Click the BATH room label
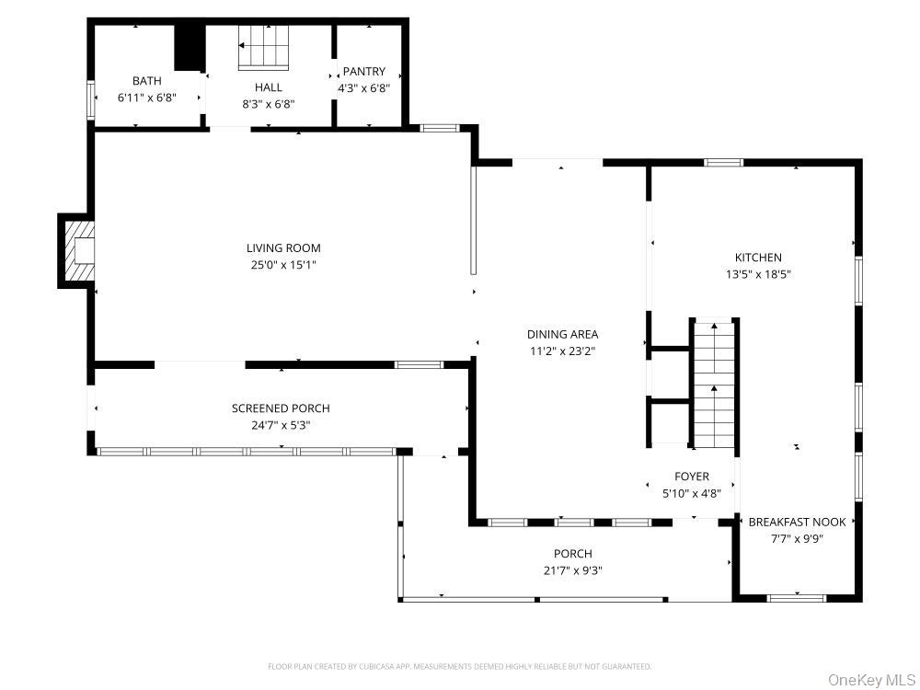[x=146, y=81]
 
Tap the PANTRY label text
[x=363, y=72]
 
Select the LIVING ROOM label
[x=283, y=248]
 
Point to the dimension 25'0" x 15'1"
[x=283, y=265]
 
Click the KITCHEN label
[x=758, y=258]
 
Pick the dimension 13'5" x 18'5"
[x=758, y=274]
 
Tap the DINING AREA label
[x=563, y=335]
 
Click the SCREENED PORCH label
[x=281, y=408]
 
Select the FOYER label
[x=692, y=477]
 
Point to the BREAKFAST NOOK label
[x=797, y=523]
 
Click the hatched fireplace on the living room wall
[x=78, y=250]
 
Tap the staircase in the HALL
[x=263, y=48]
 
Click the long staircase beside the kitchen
[x=714, y=385]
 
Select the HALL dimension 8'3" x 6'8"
[x=268, y=105]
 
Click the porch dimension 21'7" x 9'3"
[x=572, y=570]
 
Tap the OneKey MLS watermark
[x=872, y=680]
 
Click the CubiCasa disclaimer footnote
[x=459, y=666]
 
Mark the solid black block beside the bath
[x=189, y=47]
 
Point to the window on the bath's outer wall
[x=91, y=99]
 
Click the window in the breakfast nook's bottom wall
[x=796, y=599]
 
